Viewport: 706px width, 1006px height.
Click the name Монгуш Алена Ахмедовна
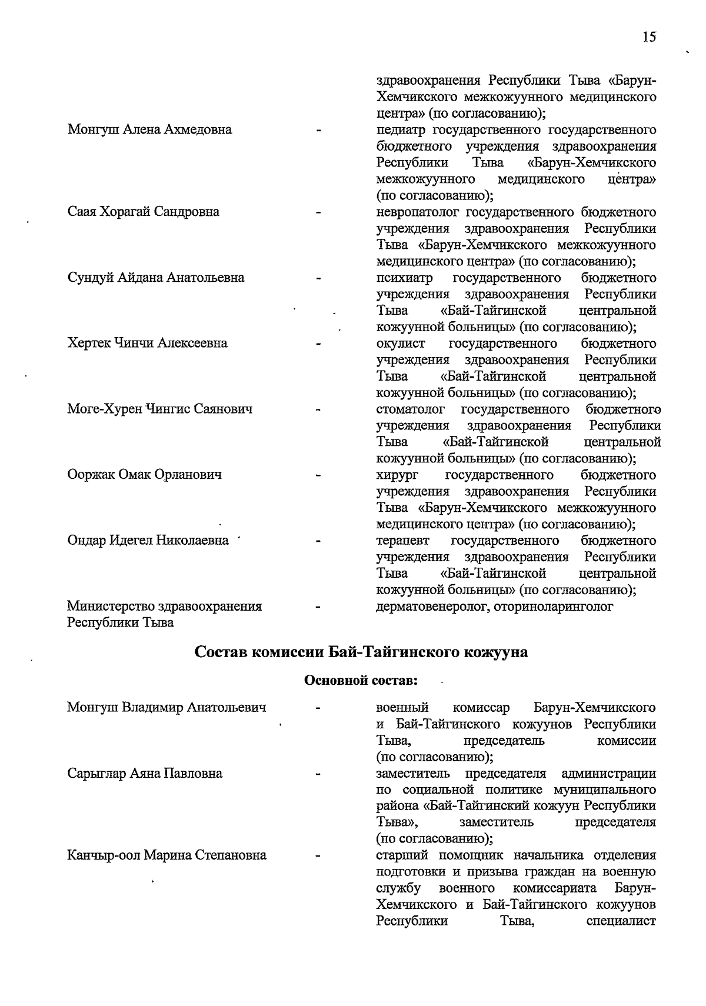(x=149, y=129)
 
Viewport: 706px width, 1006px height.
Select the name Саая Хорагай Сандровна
(x=144, y=212)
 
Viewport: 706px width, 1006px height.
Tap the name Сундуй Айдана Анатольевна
(x=156, y=278)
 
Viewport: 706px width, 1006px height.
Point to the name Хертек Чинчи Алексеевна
(x=148, y=343)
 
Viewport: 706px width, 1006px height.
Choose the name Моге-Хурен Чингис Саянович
(x=160, y=409)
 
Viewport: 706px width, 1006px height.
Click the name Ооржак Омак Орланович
(x=145, y=474)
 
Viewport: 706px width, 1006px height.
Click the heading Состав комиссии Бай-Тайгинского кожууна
(x=361, y=652)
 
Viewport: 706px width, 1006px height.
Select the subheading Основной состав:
(x=361, y=681)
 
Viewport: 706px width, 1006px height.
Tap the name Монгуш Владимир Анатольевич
(x=166, y=707)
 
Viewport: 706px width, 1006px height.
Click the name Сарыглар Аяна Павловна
(x=145, y=773)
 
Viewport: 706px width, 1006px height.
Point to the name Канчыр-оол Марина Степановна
(x=166, y=855)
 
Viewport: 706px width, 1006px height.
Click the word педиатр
(x=401, y=129)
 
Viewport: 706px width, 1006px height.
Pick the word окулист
(x=401, y=343)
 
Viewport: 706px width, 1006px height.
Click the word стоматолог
(x=410, y=409)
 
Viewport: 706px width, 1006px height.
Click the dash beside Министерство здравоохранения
(x=318, y=606)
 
